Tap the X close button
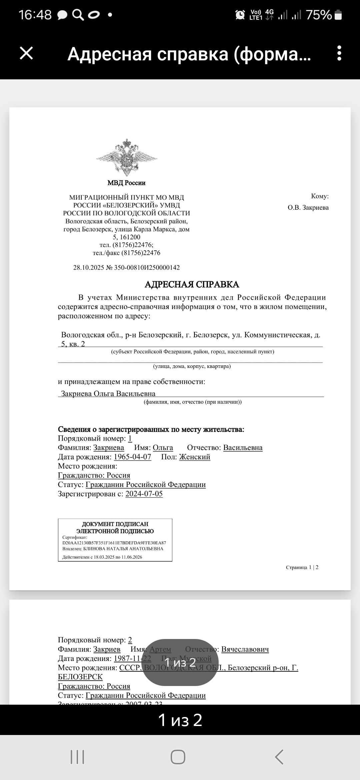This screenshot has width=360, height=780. coord(26,53)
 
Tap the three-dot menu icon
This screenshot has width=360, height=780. coord(339,53)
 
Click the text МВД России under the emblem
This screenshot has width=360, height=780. coord(126,183)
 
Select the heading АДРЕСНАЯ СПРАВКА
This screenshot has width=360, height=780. coord(192,284)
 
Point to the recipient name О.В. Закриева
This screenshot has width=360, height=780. coord(308,207)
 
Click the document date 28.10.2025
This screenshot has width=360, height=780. coord(88,267)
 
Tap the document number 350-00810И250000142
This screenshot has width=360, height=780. coord(147,267)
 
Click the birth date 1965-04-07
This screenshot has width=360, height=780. coord(132,457)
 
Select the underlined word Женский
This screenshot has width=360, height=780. coord(195,457)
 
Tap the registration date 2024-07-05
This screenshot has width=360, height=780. coord(144,494)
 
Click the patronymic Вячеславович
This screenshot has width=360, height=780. coord(245,649)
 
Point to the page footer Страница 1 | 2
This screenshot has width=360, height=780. coord(302,567)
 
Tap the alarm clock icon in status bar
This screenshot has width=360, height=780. coord(240,15)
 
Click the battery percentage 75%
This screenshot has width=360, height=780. coord(319,15)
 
